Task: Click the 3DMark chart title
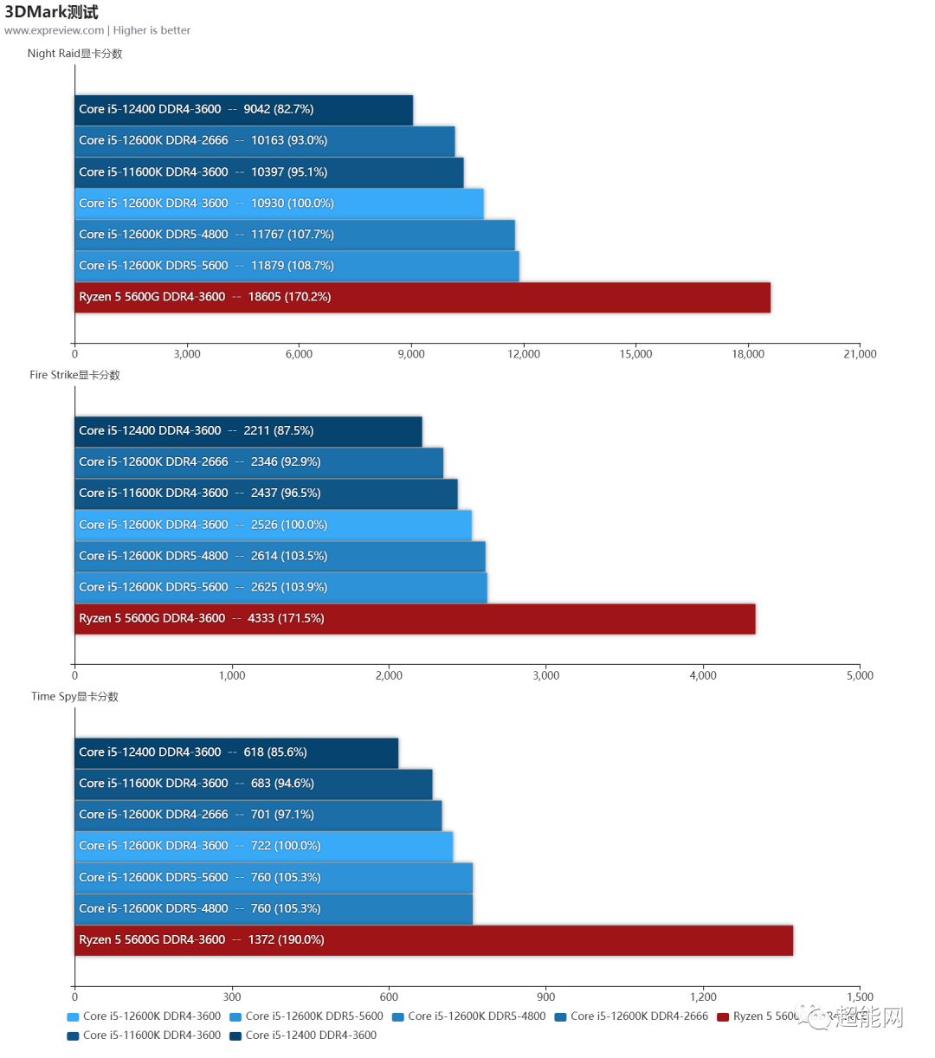click(x=52, y=12)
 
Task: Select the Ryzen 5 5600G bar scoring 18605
click(x=422, y=297)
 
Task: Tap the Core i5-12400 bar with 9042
click(x=243, y=109)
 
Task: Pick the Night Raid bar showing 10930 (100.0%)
click(x=279, y=203)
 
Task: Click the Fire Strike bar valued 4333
click(x=415, y=618)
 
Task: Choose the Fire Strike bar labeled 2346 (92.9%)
click(x=259, y=462)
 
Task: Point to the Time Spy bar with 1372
click(x=433, y=939)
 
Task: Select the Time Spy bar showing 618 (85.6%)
click(x=236, y=752)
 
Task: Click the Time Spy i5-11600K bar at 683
click(x=253, y=784)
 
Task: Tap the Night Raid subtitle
click(x=74, y=54)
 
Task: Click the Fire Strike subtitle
click(x=74, y=375)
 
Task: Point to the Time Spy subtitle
click(x=74, y=696)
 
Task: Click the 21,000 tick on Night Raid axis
click(x=859, y=354)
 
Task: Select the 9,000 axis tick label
click(x=411, y=354)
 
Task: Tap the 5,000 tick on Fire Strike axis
click(x=859, y=675)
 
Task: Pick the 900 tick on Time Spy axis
click(x=545, y=997)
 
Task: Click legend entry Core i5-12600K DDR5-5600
click(x=313, y=1016)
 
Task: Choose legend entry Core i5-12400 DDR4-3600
click(x=310, y=1035)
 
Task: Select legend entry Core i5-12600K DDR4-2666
click(x=638, y=1016)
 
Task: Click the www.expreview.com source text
click(x=54, y=30)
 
